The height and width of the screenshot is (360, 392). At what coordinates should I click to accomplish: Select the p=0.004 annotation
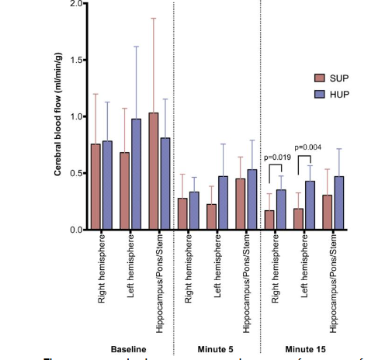click(309, 147)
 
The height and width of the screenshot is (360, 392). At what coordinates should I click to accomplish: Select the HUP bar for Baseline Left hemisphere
click(136, 175)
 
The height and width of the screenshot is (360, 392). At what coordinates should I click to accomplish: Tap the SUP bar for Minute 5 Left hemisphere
click(211, 216)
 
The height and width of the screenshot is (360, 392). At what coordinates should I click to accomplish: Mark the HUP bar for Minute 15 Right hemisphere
click(281, 209)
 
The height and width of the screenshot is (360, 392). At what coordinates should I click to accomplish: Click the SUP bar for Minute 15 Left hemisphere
click(299, 219)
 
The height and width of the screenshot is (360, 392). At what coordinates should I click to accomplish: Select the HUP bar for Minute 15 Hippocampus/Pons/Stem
click(338, 202)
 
